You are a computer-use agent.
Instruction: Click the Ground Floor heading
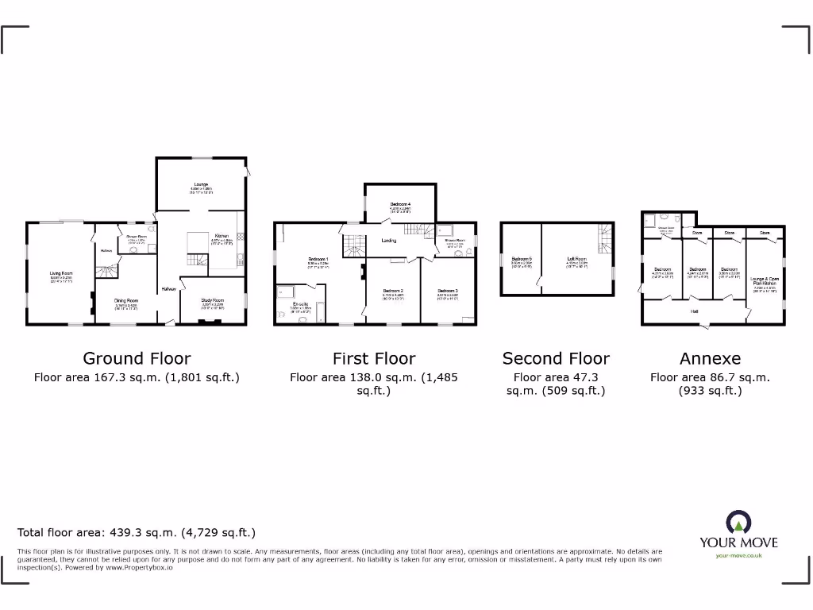(x=137, y=359)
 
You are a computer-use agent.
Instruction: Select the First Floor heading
(x=374, y=359)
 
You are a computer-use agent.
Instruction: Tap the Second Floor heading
(x=556, y=359)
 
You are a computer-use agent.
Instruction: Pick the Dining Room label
(x=127, y=301)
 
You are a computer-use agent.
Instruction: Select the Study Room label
(x=213, y=301)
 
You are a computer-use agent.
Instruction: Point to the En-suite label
(x=301, y=304)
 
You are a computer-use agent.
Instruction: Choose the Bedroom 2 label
(x=393, y=291)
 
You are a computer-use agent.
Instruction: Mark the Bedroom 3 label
(x=449, y=291)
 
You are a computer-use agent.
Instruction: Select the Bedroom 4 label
(x=400, y=205)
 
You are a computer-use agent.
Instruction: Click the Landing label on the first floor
(x=389, y=240)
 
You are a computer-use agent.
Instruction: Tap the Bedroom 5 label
(x=522, y=259)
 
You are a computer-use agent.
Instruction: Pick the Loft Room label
(x=576, y=259)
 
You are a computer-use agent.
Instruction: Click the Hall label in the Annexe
(x=695, y=311)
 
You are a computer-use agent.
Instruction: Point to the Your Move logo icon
(x=738, y=523)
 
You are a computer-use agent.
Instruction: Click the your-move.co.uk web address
(x=738, y=555)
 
